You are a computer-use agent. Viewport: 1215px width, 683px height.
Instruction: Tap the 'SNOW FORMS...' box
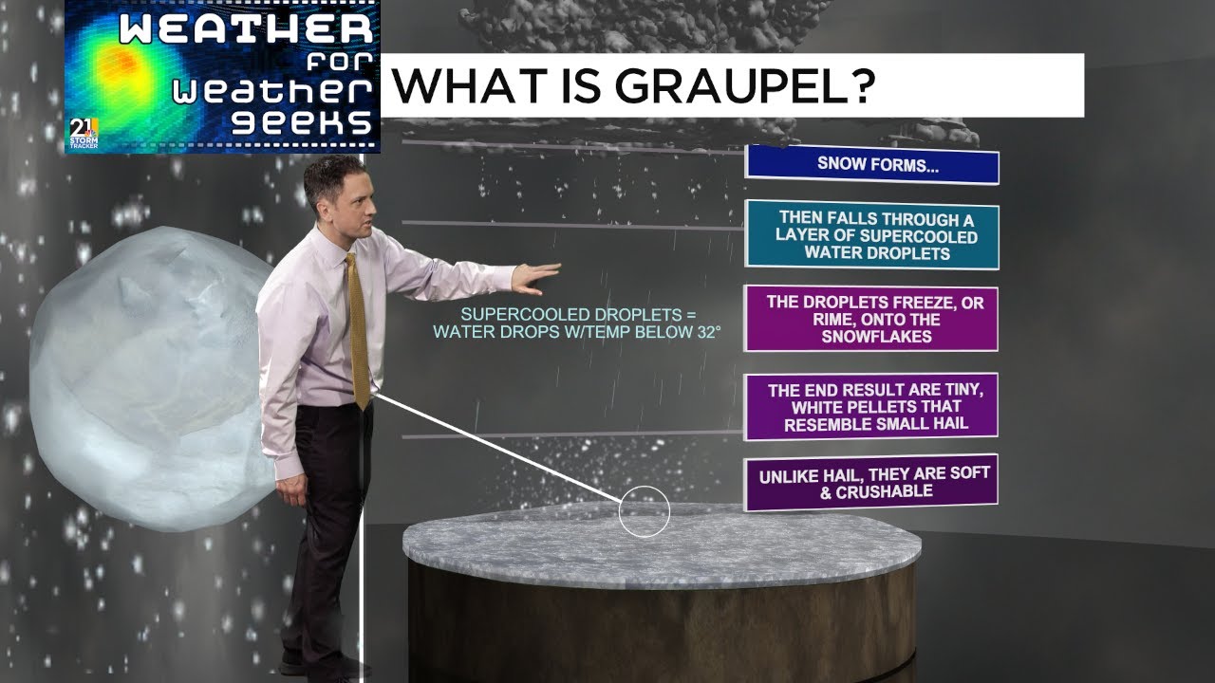click(871, 164)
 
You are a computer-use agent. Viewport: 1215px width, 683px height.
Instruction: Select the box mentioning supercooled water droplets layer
click(871, 234)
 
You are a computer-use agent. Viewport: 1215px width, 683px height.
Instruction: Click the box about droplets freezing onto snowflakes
click(870, 318)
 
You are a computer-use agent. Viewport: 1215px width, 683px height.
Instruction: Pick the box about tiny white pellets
click(870, 406)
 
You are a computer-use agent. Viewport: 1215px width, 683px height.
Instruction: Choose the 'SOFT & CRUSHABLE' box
click(870, 483)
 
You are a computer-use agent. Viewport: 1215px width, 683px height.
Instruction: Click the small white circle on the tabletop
click(645, 512)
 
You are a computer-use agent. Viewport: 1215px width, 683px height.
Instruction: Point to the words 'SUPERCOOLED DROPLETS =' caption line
click(577, 315)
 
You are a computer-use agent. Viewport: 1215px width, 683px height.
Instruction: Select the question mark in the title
click(856, 86)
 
